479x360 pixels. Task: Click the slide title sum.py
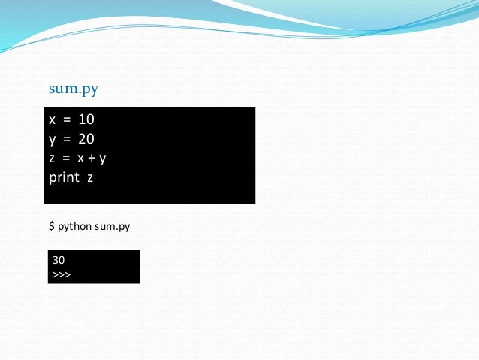74,89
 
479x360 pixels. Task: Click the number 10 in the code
86,119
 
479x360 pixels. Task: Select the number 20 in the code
86,139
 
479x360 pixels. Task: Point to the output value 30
59,260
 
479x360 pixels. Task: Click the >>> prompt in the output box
62,274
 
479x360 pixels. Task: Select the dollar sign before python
51,225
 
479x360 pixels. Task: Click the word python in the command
74,226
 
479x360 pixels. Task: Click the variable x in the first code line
52,119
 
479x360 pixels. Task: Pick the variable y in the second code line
52,140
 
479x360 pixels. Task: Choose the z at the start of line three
52,159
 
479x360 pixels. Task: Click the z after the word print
89,177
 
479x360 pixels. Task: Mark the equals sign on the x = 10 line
66,119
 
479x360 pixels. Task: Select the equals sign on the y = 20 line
66,139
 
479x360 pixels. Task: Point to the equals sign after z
66,159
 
